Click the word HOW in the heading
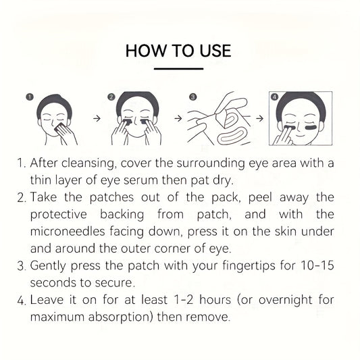point(146,51)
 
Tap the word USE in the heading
point(215,51)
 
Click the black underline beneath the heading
point(178,68)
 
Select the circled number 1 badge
point(30,97)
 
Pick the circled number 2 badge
point(111,97)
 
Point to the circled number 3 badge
point(193,97)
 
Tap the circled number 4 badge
point(275,97)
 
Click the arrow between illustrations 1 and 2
point(97,118)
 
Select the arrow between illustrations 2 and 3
point(178,118)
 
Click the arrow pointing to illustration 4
point(260,118)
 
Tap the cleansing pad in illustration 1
point(59,128)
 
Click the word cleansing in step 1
point(88,163)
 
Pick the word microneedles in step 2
point(68,231)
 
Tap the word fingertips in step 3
point(249,266)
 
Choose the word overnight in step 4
point(286,301)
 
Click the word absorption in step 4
point(120,317)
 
